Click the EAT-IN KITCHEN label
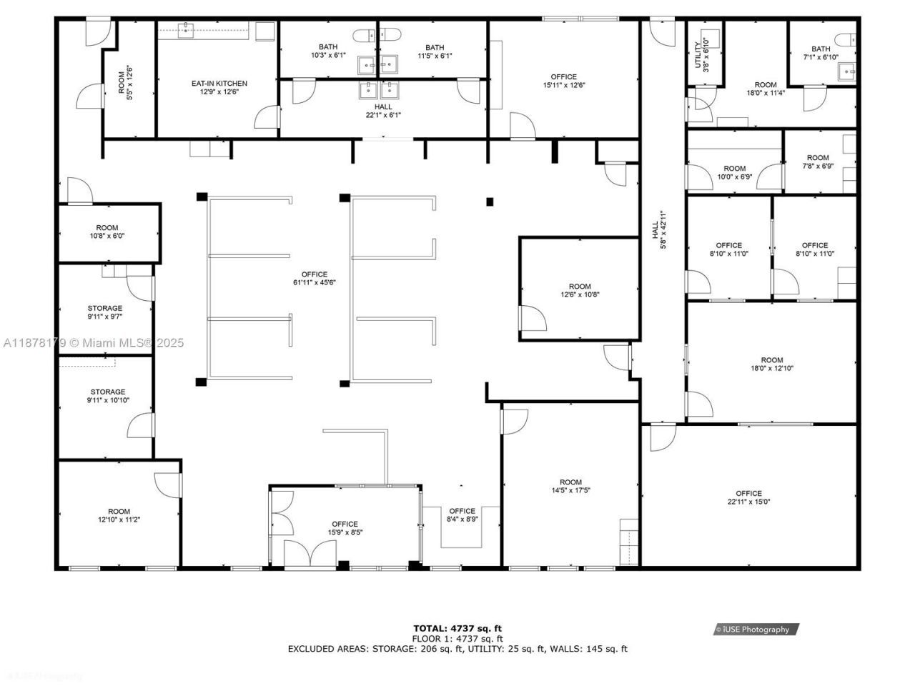pos(219,84)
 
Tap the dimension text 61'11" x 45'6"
pos(315,283)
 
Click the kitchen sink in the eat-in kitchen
pos(187,29)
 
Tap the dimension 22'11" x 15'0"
pos(748,502)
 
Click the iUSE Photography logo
pos(756,630)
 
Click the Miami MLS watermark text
pos(93,343)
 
